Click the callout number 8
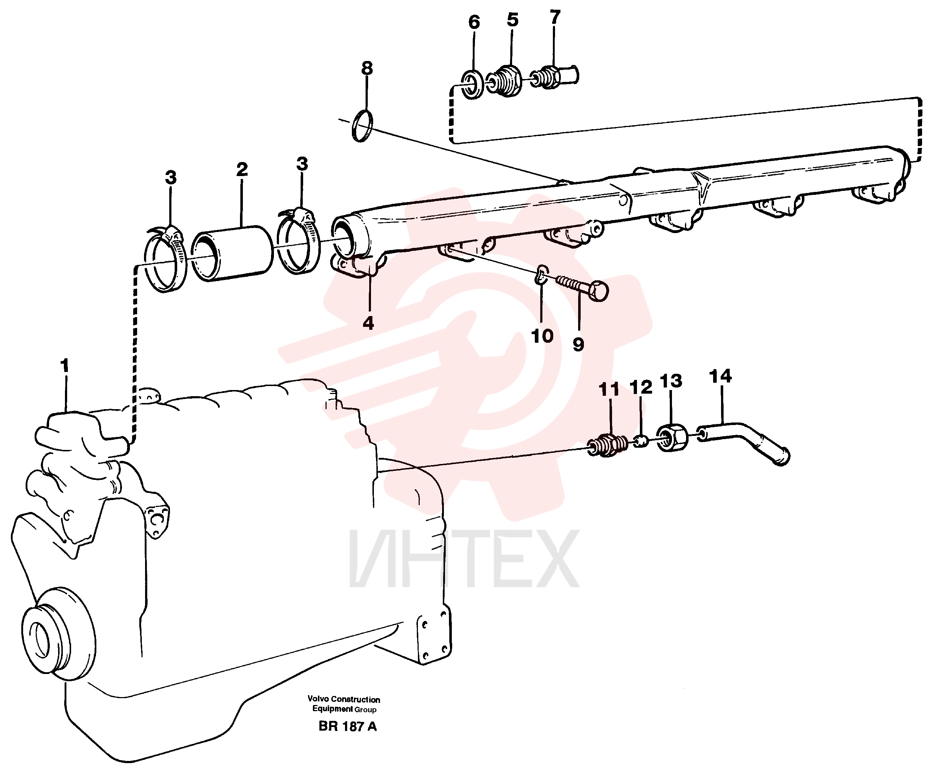pyautogui.click(x=367, y=68)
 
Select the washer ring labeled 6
pyautogui.click(x=472, y=84)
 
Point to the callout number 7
pyautogui.click(x=555, y=17)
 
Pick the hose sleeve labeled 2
pyautogui.click(x=233, y=253)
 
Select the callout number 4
pyautogui.click(x=368, y=323)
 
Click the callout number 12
pyautogui.click(x=641, y=387)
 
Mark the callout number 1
pyautogui.click(x=65, y=366)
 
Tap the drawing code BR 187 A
pyautogui.click(x=348, y=727)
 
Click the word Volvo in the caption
pyautogui.click(x=318, y=699)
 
